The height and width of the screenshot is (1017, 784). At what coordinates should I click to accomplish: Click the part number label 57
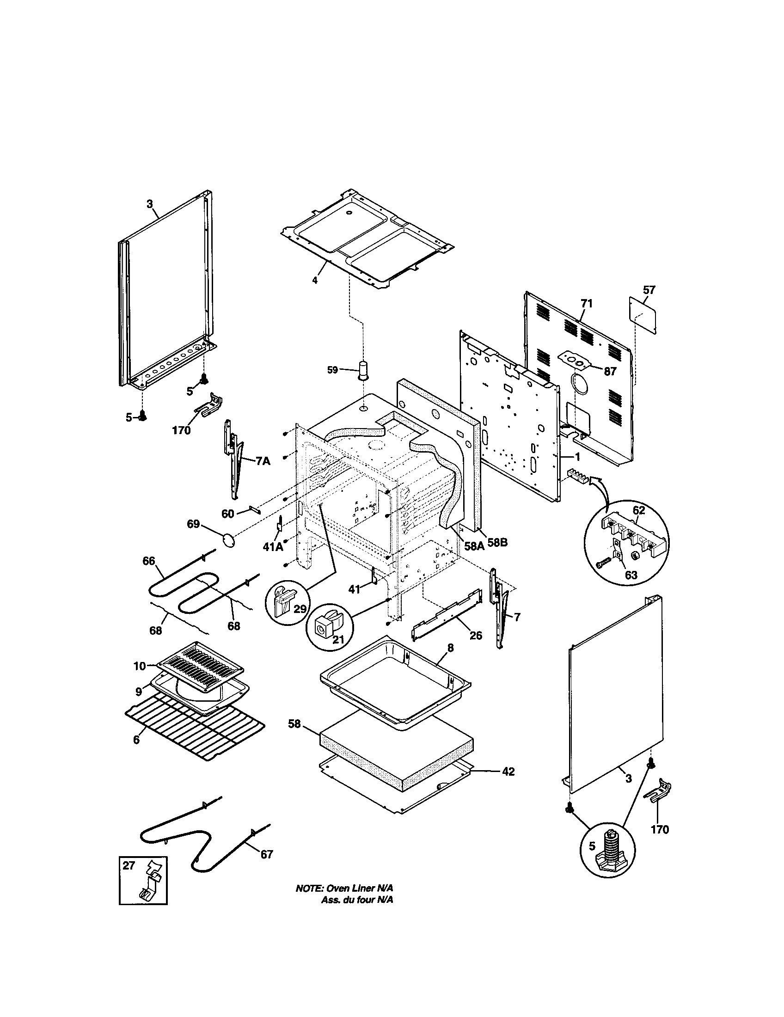[649, 290]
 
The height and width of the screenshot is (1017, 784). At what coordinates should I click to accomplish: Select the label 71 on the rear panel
[587, 304]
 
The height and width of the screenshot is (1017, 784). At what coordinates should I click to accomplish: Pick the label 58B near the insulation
[497, 543]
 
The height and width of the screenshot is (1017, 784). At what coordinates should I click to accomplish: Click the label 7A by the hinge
[263, 461]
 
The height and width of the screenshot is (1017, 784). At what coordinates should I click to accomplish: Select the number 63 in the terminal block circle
[631, 575]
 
